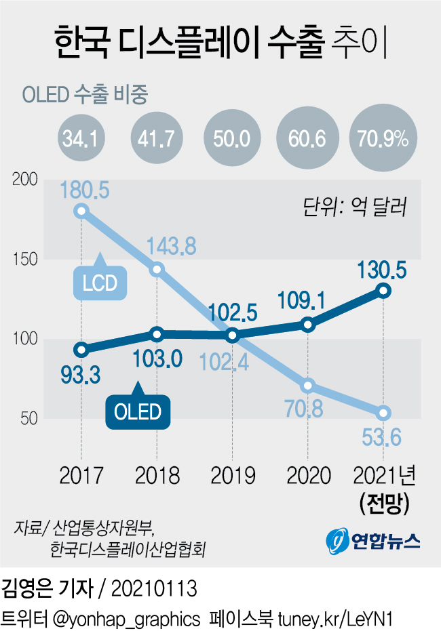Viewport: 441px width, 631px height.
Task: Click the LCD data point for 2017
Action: pos(81,210)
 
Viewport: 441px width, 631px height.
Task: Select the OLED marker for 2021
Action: pos(384,291)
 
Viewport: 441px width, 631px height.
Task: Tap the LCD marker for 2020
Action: pos(308,386)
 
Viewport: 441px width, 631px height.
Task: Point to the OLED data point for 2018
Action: pos(157,333)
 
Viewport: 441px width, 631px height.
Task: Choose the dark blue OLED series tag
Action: pos(138,411)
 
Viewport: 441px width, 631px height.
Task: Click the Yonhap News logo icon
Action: pos(337,540)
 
